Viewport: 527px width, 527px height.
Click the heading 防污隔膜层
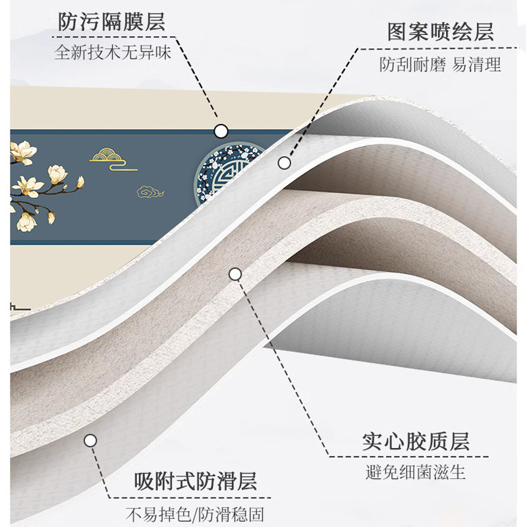pyautogui.click(x=111, y=24)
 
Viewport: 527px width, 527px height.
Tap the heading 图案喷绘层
pyautogui.click(x=441, y=32)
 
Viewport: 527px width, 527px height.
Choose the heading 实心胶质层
pyautogui.click(x=416, y=442)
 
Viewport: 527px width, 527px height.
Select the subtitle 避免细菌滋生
pyautogui.click(x=416, y=472)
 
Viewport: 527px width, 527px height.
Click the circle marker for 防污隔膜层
pyautogui.click(x=221, y=130)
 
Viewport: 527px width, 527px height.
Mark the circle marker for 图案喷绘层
pyautogui.click(x=285, y=161)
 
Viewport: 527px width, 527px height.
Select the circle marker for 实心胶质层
pyautogui.click(x=235, y=273)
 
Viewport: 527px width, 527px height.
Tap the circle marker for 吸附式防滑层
pyautogui.click(x=90, y=440)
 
